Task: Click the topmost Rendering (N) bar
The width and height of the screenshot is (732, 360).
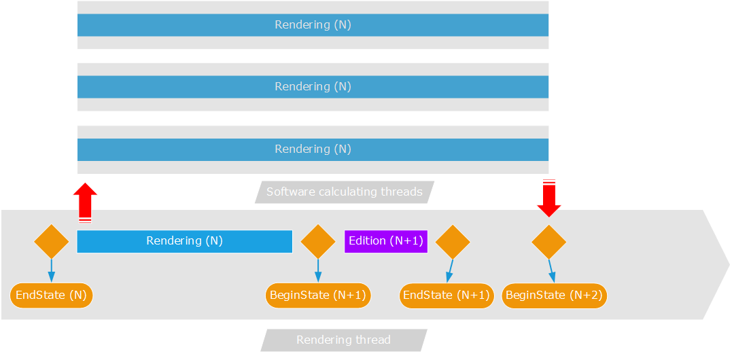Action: [313, 25]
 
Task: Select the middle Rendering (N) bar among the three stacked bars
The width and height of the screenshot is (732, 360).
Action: [313, 87]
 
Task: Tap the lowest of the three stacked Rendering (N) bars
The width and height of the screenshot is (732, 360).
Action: [313, 149]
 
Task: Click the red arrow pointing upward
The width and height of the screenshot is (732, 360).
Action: [85, 202]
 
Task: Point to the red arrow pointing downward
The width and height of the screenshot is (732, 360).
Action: [548, 198]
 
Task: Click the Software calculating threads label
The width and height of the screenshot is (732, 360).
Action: [345, 192]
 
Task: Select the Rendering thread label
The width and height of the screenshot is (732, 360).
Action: [343, 340]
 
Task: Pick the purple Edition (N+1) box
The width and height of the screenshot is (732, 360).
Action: [386, 241]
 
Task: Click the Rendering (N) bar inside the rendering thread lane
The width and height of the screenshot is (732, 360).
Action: [184, 241]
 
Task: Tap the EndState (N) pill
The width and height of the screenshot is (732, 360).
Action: [52, 295]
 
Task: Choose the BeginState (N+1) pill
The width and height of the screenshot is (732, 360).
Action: [318, 295]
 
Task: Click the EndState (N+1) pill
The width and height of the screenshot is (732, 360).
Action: [447, 295]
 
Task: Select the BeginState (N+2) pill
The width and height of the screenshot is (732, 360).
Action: [555, 295]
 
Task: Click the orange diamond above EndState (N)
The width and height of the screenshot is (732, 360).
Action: [52, 242]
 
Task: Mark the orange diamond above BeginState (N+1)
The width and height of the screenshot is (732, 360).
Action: [318, 242]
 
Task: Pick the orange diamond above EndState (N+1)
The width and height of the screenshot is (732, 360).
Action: [453, 242]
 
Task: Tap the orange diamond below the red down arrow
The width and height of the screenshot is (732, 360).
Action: [548, 242]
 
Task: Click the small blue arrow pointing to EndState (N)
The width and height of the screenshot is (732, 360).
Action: [52, 270]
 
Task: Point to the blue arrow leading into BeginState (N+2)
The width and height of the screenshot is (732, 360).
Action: [551, 270]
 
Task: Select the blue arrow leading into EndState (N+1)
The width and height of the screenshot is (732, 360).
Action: [449, 270]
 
